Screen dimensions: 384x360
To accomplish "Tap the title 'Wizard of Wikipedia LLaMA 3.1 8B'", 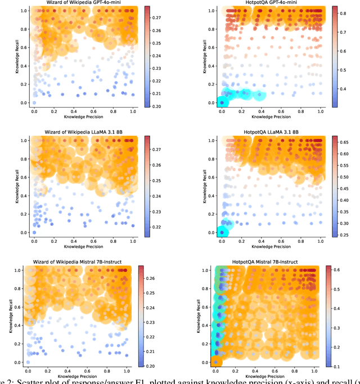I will click(x=83, y=132).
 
